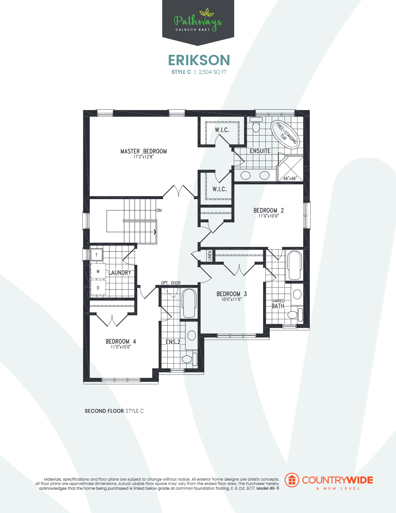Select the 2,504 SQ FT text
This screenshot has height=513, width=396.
(x=212, y=73)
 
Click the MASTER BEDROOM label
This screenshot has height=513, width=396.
(x=143, y=151)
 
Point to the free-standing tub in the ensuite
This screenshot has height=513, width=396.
(x=284, y=134)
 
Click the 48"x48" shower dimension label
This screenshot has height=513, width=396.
(x=291, y=178)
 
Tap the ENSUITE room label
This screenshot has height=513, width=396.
(x=260, y=151)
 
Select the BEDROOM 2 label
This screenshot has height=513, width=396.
(x=268, y=210)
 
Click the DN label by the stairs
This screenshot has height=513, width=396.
(x=159, y=211)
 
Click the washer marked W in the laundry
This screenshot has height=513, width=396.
(x=98, y=272)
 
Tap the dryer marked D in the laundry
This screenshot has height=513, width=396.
(x=98, y=287)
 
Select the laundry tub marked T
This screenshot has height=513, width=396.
(x=96, y=255)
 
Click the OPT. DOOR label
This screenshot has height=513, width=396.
(x=171, y=283)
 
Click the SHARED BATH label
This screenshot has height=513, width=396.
(x=278, y=304)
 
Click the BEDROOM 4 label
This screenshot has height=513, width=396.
(x=121, y=341)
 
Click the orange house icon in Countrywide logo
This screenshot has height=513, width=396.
(x=292, y=480)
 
